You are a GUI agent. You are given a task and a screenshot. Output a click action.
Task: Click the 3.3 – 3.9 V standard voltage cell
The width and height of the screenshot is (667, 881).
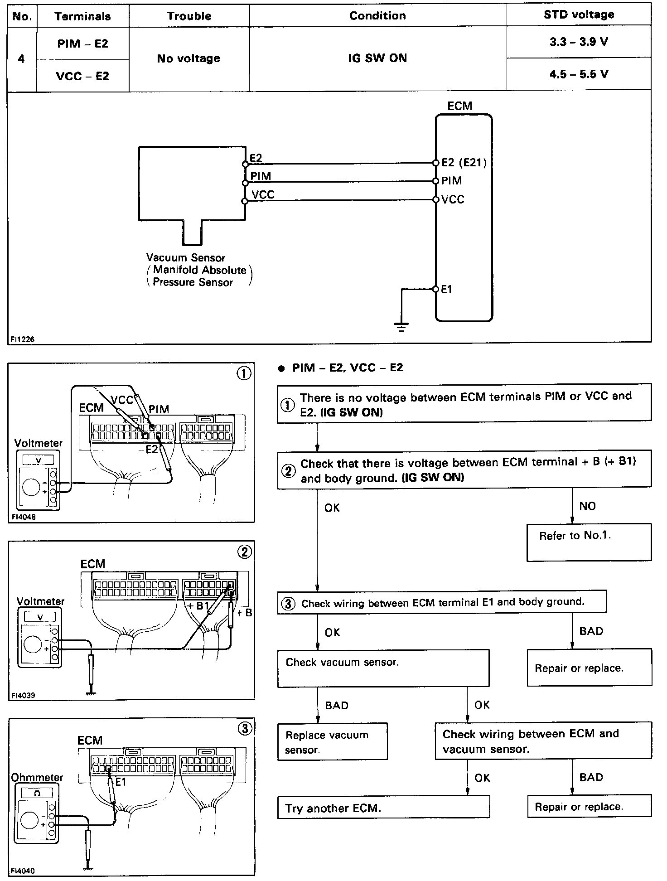point(579,42)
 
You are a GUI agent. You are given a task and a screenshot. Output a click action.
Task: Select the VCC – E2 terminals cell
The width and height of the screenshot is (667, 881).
point(82,76)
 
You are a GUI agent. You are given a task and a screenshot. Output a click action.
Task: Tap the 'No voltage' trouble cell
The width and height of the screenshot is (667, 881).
point(188,58)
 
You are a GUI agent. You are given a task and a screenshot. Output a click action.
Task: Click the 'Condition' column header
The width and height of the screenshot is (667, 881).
point(377,15)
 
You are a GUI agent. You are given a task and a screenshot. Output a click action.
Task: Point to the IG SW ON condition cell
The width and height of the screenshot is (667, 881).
point(377,58)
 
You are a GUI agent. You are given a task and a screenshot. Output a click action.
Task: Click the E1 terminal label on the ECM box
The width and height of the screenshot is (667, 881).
point(446,290)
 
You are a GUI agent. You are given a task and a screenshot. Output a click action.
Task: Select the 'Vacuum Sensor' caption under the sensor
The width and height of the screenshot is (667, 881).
point(185,258)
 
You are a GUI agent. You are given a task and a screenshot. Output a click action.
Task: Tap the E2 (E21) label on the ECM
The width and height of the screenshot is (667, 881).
point(464,163)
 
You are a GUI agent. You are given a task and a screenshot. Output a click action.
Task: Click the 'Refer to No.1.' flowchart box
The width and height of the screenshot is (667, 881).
point(589,542)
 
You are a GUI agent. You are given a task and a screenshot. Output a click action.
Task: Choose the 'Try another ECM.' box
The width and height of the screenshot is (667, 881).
point(383,808)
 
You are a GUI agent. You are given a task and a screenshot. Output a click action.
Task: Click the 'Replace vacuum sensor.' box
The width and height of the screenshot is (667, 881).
point(332,742)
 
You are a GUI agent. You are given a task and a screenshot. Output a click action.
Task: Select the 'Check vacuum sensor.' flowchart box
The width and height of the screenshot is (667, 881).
point(383,668)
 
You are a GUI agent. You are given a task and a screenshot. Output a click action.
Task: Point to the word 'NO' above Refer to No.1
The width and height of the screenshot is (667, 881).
point(587,506)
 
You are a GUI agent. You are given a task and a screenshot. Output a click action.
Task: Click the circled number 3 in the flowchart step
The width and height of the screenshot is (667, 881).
point(288,604)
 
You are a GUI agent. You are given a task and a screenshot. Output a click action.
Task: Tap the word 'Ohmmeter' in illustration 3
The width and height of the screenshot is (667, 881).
point(37,778)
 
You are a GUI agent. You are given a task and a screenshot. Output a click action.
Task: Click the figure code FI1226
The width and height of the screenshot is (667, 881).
point(23,339)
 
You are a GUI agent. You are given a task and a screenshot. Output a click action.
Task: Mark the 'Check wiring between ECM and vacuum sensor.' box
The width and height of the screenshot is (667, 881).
point(543,741)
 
